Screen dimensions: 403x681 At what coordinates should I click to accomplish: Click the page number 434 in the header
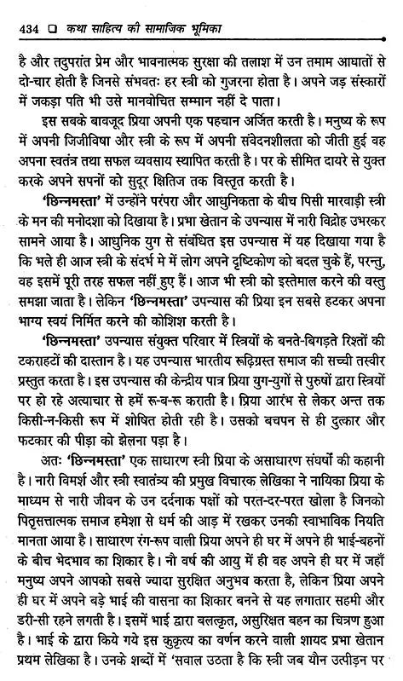click(x=24, y=10)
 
